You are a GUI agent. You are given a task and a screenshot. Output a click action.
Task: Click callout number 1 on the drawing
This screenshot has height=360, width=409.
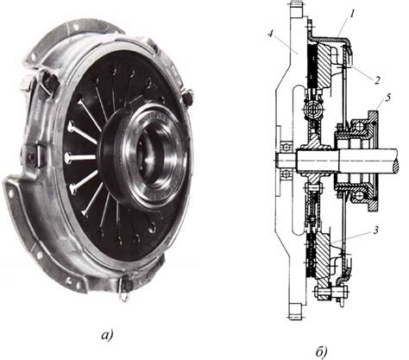point(351,14)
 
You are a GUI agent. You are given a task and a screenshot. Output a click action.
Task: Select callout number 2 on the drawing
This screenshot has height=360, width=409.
point(376,80)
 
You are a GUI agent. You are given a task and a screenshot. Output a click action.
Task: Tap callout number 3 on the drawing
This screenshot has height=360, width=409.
point(376,231)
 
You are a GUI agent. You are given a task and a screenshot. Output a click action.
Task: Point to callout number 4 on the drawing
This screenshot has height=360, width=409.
point(270,34)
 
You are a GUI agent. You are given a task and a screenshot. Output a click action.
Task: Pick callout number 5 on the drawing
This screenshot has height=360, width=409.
point(388,98)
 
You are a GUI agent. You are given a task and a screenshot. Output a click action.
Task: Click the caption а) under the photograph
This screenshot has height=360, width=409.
point(107,335)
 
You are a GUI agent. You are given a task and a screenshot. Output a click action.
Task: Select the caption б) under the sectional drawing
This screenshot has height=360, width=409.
point(321,351)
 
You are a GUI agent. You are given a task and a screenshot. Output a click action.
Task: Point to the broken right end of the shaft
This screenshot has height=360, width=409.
point(397,163)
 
